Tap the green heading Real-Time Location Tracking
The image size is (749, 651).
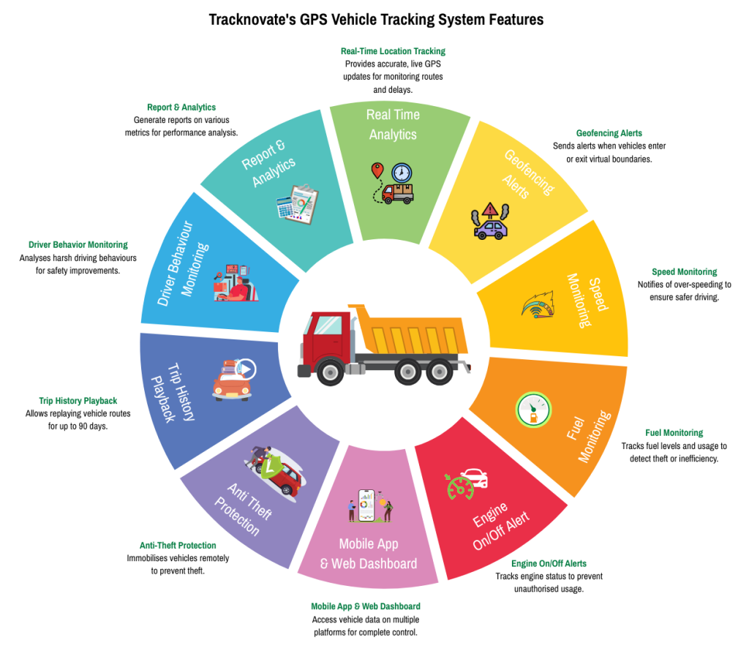(393, 51)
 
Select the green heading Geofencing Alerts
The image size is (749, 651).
(609, 133)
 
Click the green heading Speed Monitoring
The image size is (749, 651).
(684, 272)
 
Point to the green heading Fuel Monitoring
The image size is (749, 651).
(674, 433)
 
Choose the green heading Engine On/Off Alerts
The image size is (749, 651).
(548, 564)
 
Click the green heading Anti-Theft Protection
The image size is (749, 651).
(178, 545)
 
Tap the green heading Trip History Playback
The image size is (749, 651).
(78, 401)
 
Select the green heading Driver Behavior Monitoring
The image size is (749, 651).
(78, 245)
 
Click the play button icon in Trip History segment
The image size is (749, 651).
(246, 369)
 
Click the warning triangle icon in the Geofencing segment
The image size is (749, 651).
(491, 211)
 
